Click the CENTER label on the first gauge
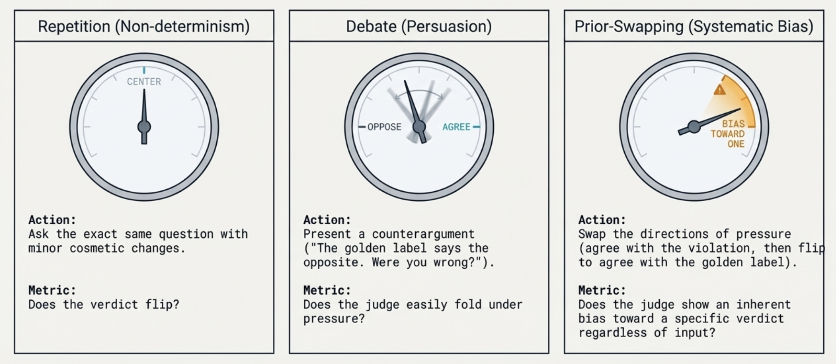(144, 82)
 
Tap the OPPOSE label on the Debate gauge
(384, 127)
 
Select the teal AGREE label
(456, 127)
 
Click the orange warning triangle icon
(720, 90)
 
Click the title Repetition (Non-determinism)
(144, 26)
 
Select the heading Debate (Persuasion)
(419, 26)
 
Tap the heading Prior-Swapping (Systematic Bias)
(694, 26)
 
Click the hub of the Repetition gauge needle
(144, 127)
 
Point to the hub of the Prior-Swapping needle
(694, 127)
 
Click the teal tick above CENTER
(144, 70)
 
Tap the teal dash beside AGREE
(476, 127)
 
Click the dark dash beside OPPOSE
(362, 127)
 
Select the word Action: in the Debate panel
(327, 220)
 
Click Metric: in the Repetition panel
(52, 290)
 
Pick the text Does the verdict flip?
(104, 304)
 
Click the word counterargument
(423, 234)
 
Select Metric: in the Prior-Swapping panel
(602, 290)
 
